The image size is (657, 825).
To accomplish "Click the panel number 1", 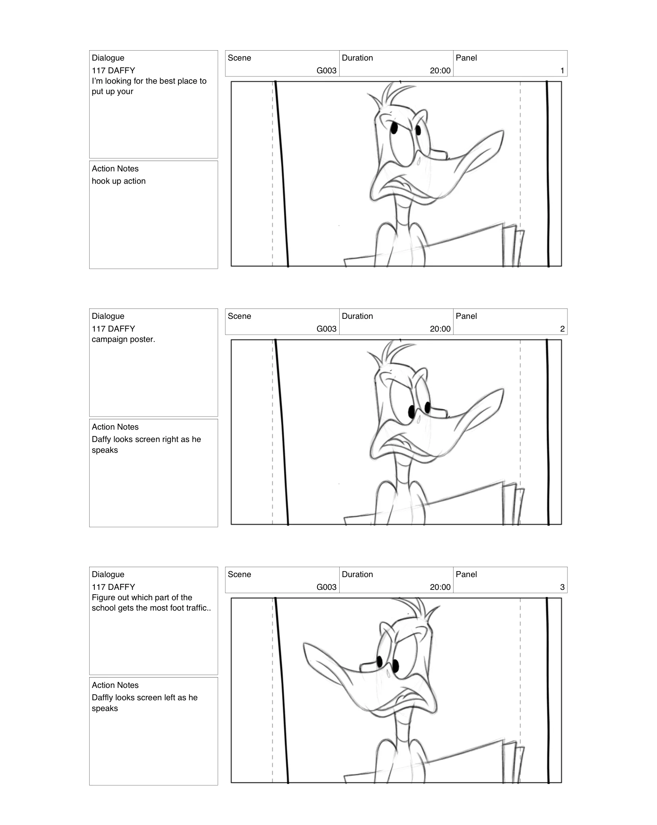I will click(562, 71).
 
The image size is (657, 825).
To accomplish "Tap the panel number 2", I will click(562, 329).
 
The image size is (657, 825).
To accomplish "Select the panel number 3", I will click(562, 587).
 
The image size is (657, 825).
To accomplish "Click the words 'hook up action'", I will click(119, 181).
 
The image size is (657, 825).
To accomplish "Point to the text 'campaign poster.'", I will click(123, 340).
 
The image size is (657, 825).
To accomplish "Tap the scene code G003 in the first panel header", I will click(327, 71).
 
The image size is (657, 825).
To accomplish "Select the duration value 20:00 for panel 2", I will click(440, 329).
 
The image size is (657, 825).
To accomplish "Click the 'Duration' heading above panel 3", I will click(357, 574).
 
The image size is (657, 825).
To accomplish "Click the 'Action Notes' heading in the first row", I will click(115, 169).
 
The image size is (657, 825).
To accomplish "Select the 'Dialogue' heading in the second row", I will click(108, 316).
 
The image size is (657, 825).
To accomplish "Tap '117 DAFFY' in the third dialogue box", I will click(113, 587).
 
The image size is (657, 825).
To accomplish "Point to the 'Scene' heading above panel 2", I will click(239, 316).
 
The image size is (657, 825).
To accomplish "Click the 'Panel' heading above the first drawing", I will click(466, 58).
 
